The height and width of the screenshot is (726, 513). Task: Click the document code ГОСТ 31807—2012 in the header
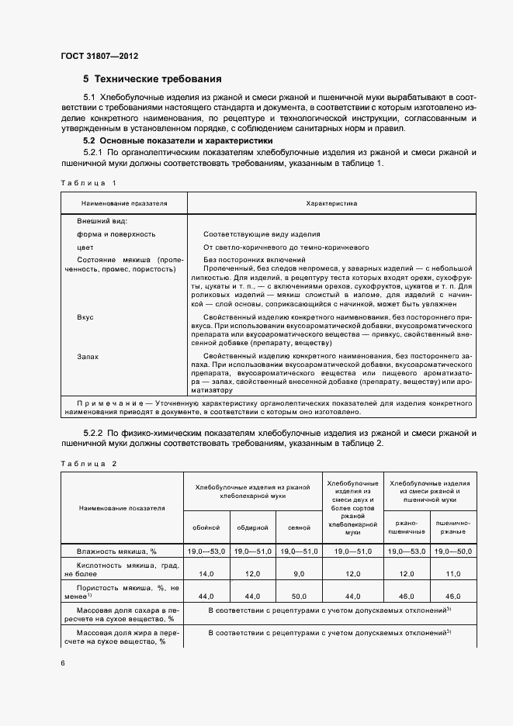99,57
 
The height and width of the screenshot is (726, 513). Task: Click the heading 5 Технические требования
152,79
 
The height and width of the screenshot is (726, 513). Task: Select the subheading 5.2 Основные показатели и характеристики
178,141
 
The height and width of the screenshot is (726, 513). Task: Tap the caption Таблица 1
88,182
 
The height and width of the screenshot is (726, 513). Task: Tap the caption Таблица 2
88,463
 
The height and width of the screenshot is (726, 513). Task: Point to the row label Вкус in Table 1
85,318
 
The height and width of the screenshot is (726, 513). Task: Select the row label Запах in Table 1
88,356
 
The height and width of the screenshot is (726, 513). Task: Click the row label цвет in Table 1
85,247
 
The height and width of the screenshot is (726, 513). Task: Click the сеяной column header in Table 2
299,527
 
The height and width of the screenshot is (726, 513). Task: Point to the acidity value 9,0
299,573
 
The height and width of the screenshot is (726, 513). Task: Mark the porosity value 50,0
299,596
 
